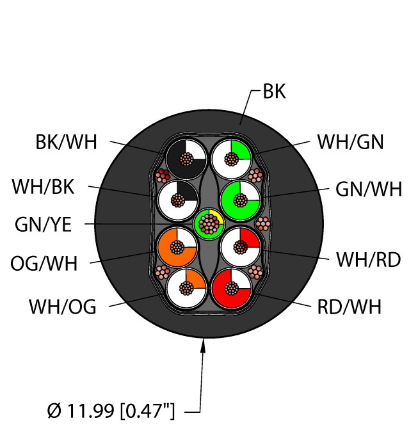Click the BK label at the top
[x=275, y=92]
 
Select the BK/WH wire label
[x=67, y=141]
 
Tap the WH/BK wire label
[x=43, y=188]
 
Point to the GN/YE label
[x=44, y=224]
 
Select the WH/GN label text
[x=350, y=141]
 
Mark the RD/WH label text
[x=349, y=307]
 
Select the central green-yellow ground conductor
[x=209, y=223]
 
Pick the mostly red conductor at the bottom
[x=231, y=289]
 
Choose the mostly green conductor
[x=241, y=200]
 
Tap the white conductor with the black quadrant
[x=177, y=200]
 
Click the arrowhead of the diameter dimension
[x=205, y=346]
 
